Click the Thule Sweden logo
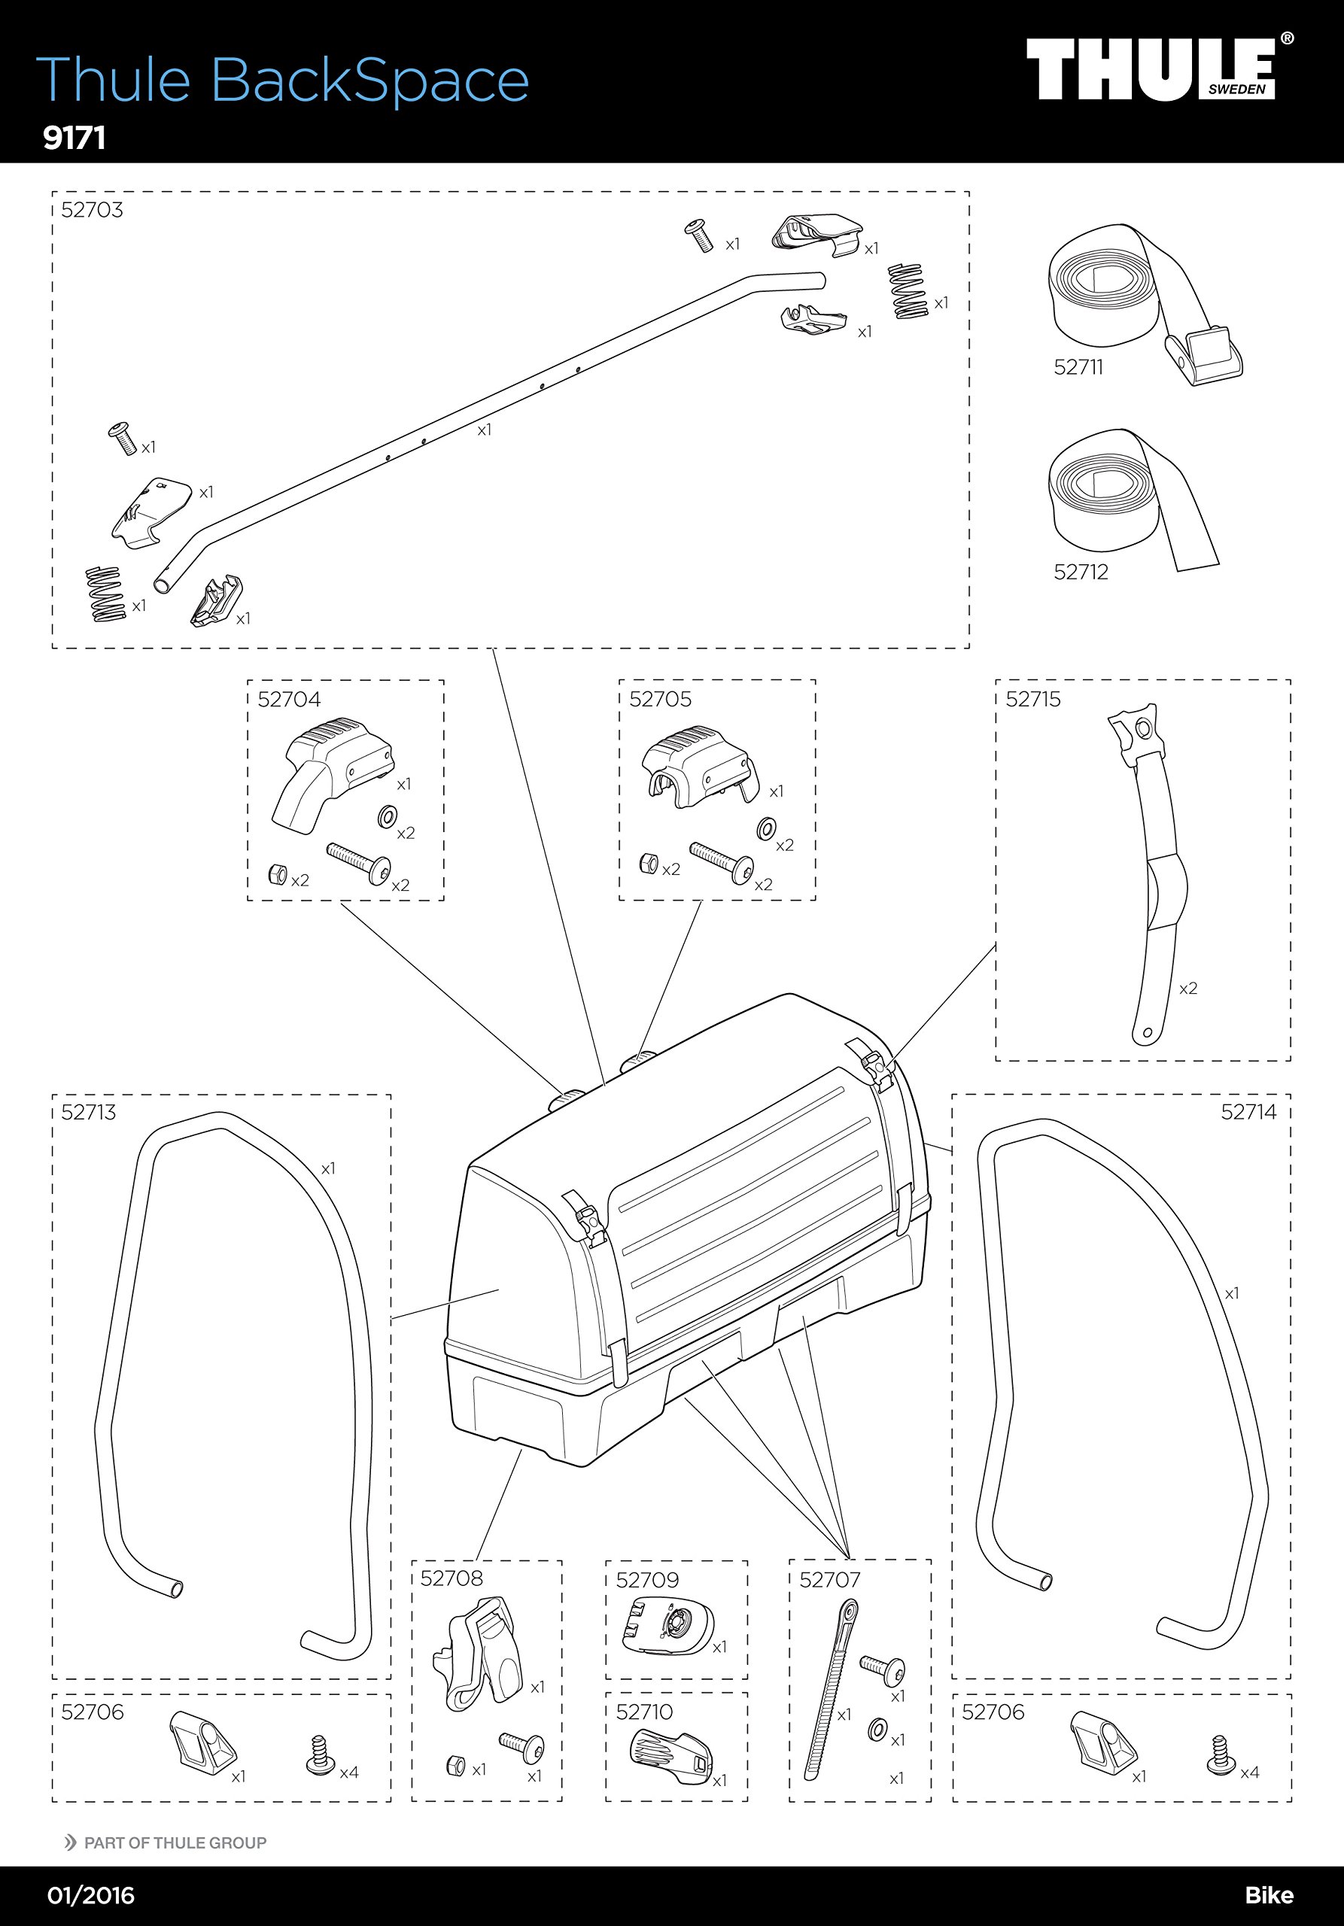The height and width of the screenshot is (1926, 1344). [1158, 68]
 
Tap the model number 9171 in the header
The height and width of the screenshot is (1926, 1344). [74, 138]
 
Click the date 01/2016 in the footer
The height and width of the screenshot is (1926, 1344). [90, 1895]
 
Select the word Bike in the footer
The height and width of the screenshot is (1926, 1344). [1269, 1895]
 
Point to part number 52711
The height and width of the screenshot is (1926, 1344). [1078, 367]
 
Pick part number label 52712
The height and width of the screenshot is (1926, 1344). [1081, 572]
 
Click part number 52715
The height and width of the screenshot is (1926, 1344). [1032, 700]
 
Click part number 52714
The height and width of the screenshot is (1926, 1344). [1248, 1112]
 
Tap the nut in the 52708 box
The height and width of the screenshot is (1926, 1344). [455, 1765]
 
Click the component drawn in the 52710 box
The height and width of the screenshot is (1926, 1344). [670, 1757]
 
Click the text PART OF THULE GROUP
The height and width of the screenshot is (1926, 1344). [175, 1843]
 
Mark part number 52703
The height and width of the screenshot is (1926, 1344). [92, 210]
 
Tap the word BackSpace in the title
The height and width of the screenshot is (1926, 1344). [369, 81]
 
